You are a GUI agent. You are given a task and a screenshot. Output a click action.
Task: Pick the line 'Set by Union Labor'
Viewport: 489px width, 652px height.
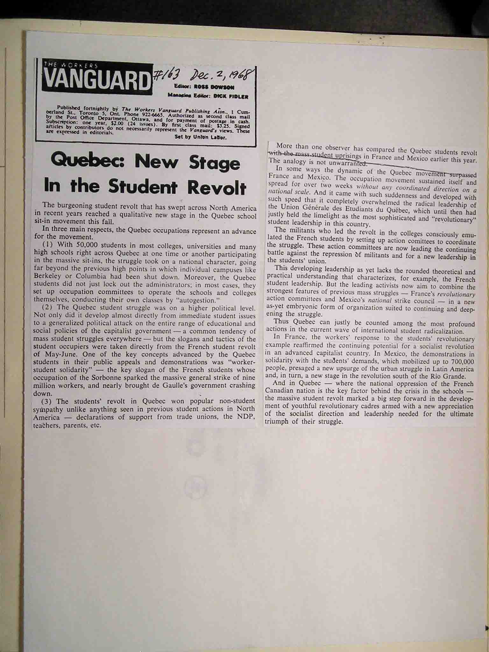[201, 138]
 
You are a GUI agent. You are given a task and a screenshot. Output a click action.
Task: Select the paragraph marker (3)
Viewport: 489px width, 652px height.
[48, 401]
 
